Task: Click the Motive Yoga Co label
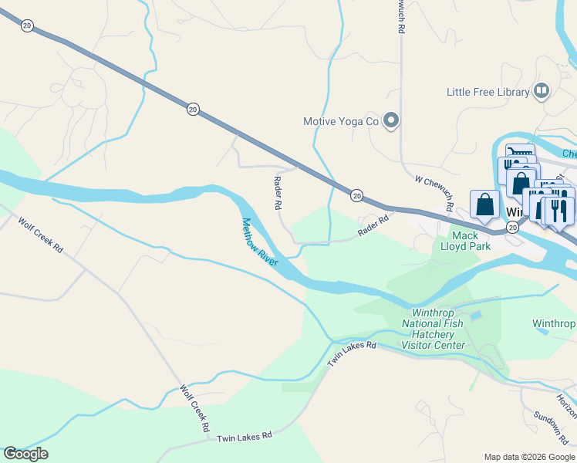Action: pos(340,121)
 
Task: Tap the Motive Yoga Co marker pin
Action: pos(391,120)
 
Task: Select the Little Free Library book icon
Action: pos(542,92)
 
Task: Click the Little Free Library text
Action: pos(488,92)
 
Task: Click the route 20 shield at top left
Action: pos(28,25)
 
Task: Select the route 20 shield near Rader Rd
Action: pos(356,196)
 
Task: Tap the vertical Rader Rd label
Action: pos(277,194)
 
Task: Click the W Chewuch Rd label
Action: pos(434,193)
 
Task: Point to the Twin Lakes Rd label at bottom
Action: pos(245,437)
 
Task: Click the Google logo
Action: pos(25,454)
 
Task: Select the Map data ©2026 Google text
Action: pos(528,457)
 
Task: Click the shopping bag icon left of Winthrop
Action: pos(484,205)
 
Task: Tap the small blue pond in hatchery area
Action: pos(475,316)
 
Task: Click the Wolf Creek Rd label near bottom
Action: pos(195,407)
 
